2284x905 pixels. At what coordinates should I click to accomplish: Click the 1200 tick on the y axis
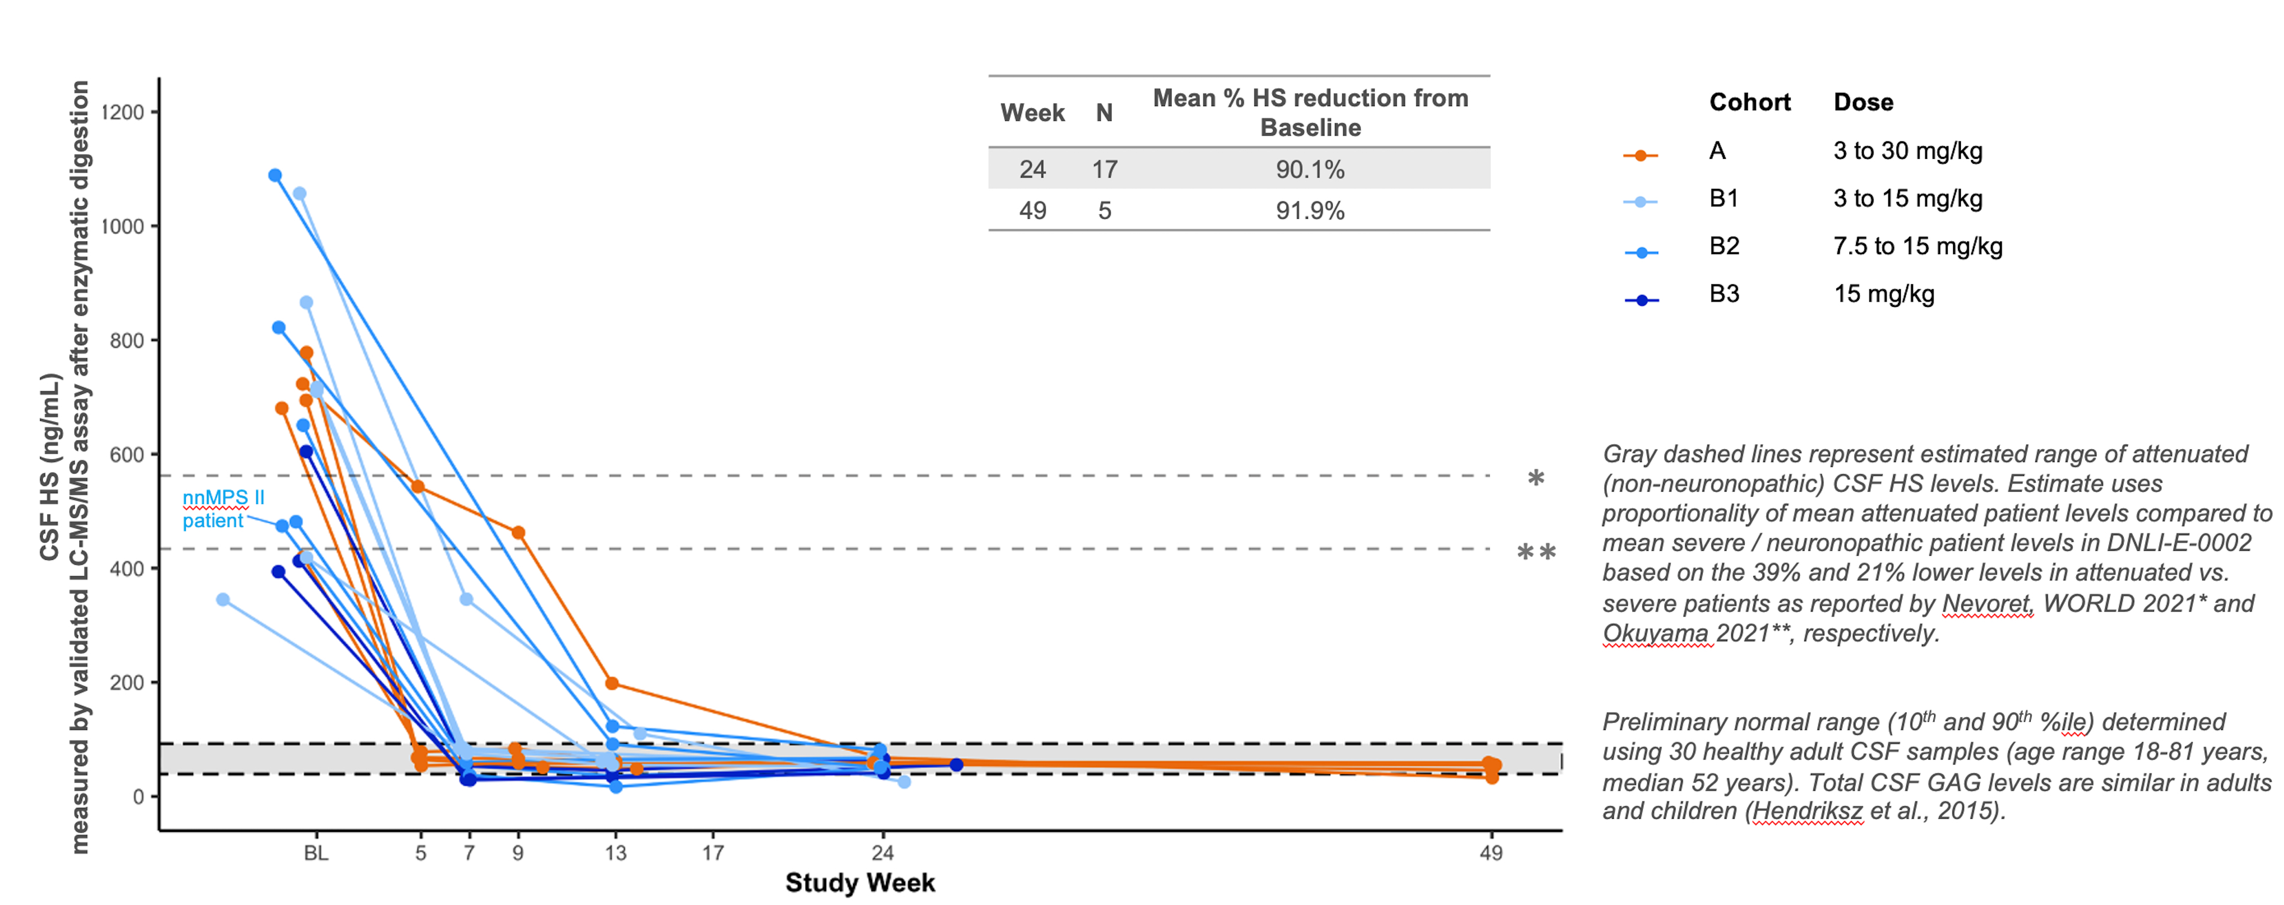[x=122, y=113]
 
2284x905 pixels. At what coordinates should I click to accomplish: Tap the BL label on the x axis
[x=316, y=853]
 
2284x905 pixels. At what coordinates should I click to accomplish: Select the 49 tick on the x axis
[x=1491, y=853]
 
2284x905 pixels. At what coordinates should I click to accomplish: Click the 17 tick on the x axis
[x=713, y=853]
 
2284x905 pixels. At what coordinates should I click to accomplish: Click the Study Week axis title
[x=859, y=883]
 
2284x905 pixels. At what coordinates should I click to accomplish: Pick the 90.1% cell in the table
[x=1310, y=169]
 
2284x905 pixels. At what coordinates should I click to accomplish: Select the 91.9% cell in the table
[x=1310, y=211]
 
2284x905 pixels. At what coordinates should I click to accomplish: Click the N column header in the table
[x=1104, y=113]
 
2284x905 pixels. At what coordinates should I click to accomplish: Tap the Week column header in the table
[x=1032, y=113]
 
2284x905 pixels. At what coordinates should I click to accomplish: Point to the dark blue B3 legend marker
[x=1641, y=300]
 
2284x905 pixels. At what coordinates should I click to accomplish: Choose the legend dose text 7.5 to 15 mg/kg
[x=1917, y=246]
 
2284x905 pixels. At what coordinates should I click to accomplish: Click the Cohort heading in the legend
[x=1749, y=102]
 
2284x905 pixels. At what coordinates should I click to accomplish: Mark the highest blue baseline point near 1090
[x=275, y=176]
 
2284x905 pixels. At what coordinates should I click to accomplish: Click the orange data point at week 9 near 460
[x=519, y=533]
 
